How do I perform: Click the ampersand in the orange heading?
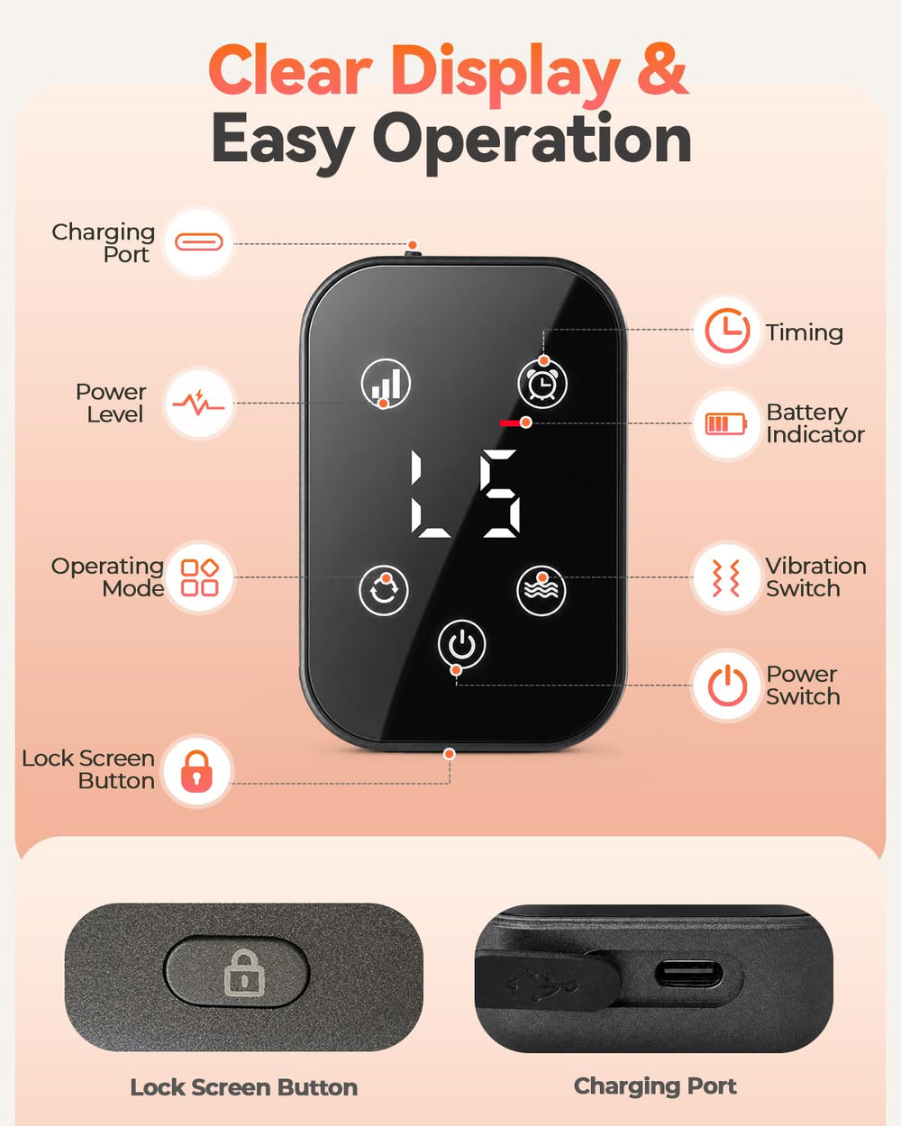(x=661, y=70)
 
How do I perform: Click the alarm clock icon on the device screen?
(x=543, y=384)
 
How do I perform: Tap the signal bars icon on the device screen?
(x=386, y=384)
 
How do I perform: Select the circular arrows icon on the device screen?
(x=384, y=590)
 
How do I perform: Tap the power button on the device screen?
(x=461, y=643)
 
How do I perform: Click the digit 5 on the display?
(x=501, y=494)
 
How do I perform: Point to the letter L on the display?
(x=429, y=495)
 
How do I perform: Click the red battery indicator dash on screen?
(x=511, y=422)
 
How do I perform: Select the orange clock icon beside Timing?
(x=727, y=331)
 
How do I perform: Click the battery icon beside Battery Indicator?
(x=725, y=423)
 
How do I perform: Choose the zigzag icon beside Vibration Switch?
(x=725, y=577)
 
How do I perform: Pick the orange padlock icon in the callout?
(x=196, y=771)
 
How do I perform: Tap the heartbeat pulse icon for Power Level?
(x=198, y=403)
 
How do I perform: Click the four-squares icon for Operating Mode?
(x=199, y=577)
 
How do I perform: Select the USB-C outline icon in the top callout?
(x=199, y=241)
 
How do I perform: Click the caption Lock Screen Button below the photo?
(x=244, y=1088)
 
